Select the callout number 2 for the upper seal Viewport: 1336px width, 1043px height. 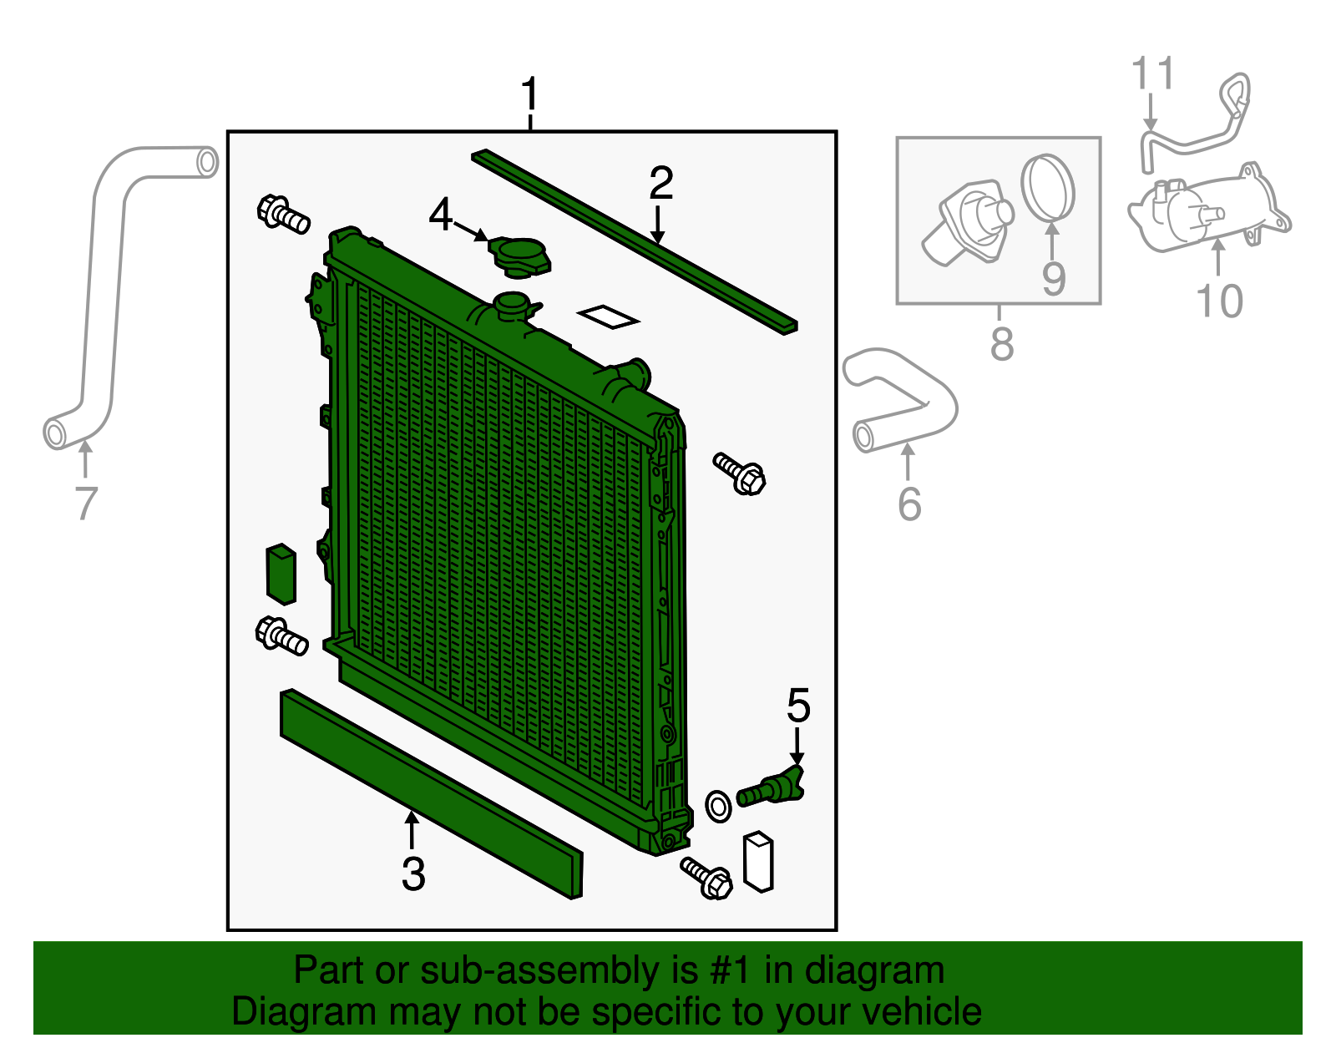[660, 183]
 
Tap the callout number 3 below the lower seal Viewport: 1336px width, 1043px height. [413, 874]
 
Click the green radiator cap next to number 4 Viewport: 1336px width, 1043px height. [519, 256]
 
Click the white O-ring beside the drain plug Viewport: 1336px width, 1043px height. [718, 806]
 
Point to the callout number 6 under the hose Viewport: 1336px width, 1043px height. [909, 504]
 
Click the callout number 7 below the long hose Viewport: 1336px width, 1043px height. [86, 503]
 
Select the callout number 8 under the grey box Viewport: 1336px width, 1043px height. [1001, 343]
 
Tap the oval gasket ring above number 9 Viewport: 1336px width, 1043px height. [1048, 187]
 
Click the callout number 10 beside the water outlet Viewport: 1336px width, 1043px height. [1219, 301]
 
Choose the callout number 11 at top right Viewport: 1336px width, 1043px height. [1153, 74]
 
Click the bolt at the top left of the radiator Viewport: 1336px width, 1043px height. [282, 214]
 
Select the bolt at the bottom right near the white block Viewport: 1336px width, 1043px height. [707, 877]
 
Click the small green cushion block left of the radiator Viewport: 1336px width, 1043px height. [281, 574]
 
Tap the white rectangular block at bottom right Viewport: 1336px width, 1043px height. [758, 861]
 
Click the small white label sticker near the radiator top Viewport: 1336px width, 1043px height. [608, 316]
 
